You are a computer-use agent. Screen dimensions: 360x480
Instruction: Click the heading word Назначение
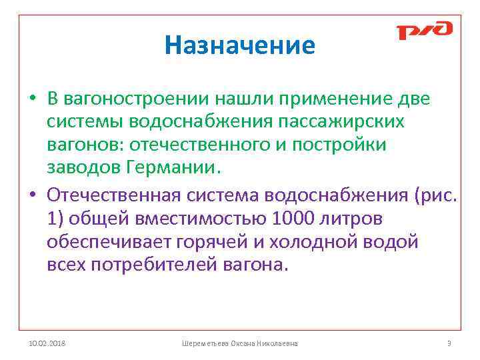(x=240, y=45)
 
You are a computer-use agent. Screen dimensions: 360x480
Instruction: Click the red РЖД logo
(x=425, y=31)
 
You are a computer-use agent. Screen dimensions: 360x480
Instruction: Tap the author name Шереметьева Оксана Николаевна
(x=240, y=343)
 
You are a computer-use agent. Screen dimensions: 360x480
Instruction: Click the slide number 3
(x=449, y=343)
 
